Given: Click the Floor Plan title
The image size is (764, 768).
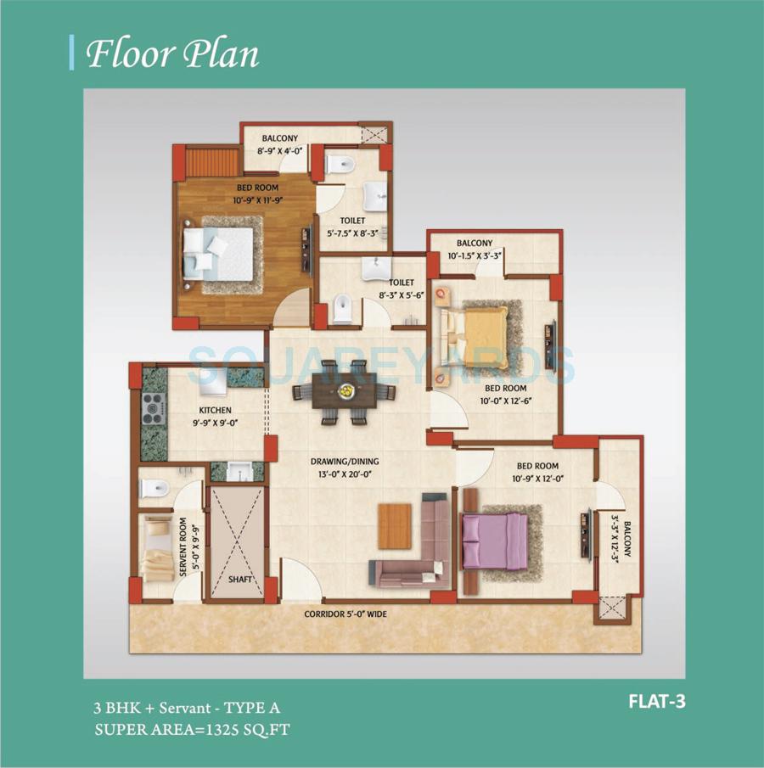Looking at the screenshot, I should pos(172,53).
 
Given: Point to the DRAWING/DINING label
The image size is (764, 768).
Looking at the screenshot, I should pos(344,462).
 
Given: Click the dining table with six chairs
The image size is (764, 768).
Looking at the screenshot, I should pos(345,392).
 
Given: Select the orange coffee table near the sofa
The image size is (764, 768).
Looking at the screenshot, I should pos(395,525).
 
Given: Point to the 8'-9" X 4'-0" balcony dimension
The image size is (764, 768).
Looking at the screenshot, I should pos(278,150).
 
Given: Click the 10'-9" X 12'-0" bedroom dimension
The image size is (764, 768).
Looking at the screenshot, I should pos(538,479).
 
